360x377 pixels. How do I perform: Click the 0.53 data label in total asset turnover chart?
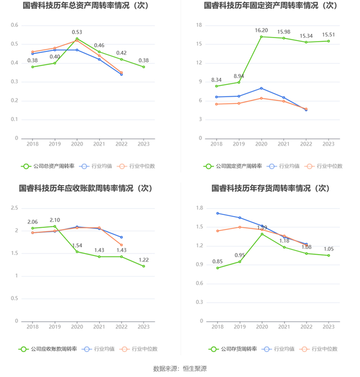[77, 32]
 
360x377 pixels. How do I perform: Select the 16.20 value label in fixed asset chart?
[261, 30]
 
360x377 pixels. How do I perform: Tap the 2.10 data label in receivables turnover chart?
[55, 220]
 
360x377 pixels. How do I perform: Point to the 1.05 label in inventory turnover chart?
[328, 249]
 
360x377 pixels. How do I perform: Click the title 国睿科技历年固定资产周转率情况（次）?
[271, 6]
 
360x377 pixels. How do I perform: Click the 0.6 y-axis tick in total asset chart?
[14, 25]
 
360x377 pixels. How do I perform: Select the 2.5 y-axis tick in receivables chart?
[14, 208]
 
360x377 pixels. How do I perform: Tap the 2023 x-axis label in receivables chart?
[143, 327]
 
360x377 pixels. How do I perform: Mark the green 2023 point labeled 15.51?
[328, 41]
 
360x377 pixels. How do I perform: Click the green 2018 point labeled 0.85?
[217, 268]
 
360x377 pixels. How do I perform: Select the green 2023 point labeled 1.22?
[143, 266]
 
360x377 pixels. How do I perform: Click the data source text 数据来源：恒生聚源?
[180, 369]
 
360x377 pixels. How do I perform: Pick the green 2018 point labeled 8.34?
[217, 86]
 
